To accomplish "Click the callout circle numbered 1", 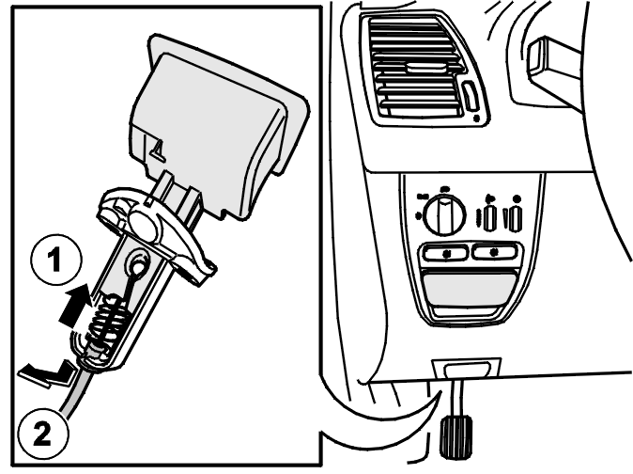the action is [x=55, y=260].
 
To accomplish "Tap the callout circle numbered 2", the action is [x=42, y=434].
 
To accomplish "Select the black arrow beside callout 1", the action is [x=75, y=305].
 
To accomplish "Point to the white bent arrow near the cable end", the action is [x=46, y=373].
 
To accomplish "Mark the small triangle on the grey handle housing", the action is [x=158, y=148].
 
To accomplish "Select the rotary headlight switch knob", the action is [x=444, y=213].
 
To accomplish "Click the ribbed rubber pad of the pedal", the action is [x=455, y=437].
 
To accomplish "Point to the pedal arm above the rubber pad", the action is [x=456, y=398].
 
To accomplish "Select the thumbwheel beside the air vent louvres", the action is [x=471, y=95].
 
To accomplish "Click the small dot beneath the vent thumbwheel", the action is [x=476, y=118].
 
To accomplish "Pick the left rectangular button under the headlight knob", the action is [x=446, y=253].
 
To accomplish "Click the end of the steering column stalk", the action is [x=537, y=58].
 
